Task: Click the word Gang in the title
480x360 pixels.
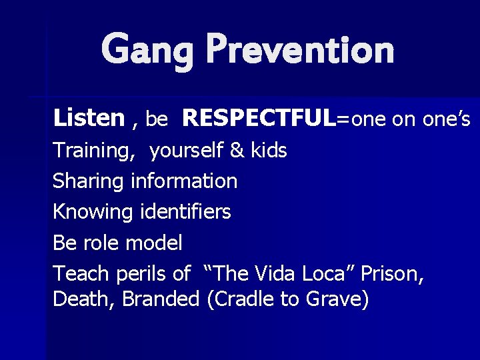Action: pyautogui.click(x=147, y=51)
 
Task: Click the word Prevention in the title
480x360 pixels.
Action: pyautogui.click(x=300, y=49)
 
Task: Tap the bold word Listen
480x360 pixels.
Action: pyautogui.click(x=89, y=118)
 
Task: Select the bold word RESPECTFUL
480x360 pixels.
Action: pyautogui.click(x=259, y=118)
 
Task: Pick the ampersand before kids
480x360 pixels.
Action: pyautogui.click(x=237, y=151)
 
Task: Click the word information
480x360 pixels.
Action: pyautogui.click(x=184, y=181)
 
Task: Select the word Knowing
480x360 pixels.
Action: pyautogui.click(x=93, y=213)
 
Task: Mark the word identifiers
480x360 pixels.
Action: pyautogui.click(x=186, y=212)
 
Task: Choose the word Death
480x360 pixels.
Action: pyautogui.click(x=85, y=299)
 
